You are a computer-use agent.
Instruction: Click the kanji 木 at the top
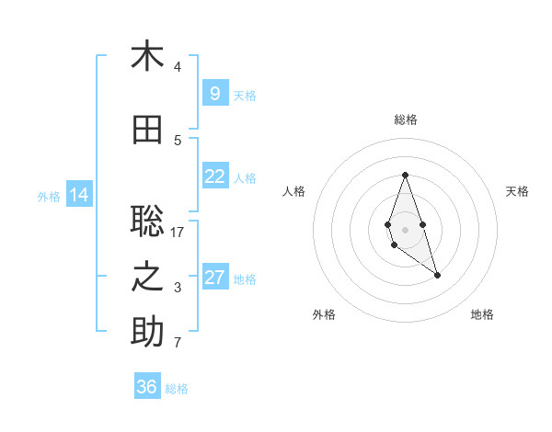tap(147, 56)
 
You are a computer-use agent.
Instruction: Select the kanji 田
tap(147, 130)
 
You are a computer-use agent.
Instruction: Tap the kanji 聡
tap(147, 222)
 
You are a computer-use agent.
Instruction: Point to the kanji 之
tap(147, 278)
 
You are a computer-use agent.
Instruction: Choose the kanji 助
tap(147, 333)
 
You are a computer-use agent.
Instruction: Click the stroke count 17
tap(178, 233)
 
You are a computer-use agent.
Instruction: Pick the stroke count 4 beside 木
tap(178, 67)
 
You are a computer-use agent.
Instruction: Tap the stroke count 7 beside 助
tap(178, 344)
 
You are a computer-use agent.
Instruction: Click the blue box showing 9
tap(214, 94)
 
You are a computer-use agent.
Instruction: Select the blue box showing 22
tap(214, 176)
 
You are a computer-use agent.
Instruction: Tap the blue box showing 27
tap(214, 278)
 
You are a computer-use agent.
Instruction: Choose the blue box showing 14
tap(78, 195)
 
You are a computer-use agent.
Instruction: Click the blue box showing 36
tap(147, 387)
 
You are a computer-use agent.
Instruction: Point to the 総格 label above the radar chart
tap(406, 119)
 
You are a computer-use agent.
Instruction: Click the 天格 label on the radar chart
tap(517, 191)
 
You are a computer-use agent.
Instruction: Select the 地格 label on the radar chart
tap(482, 314)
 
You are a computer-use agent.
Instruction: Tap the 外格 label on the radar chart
tap(324, 314)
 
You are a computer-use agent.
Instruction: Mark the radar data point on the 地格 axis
tap(437, 275)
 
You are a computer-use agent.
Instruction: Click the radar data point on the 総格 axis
tap(405, 174)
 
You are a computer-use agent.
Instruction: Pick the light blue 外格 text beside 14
tap(49, 196)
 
